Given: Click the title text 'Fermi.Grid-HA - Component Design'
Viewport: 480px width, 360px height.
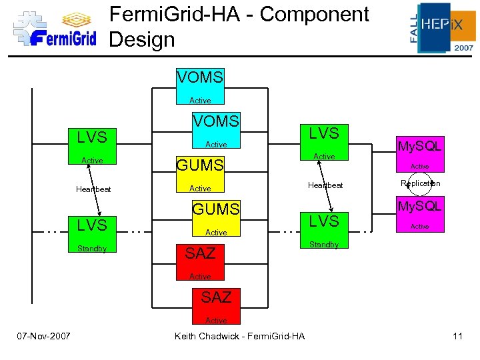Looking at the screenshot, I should (x=239, y=27).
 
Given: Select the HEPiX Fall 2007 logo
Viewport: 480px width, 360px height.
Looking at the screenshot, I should (x=442, y=27).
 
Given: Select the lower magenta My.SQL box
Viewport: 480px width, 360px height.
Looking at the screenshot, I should (x=419, y=214).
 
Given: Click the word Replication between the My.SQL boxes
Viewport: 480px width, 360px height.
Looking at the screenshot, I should (x=420, y=183).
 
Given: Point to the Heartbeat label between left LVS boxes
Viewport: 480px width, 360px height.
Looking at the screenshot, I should (x=93, y=189).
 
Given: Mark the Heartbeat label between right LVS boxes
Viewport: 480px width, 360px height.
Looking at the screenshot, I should (x=325, y=185).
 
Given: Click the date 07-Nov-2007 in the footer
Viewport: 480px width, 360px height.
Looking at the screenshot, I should (x=45, y=336).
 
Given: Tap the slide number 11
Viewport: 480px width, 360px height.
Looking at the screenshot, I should (x=457, y=336).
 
